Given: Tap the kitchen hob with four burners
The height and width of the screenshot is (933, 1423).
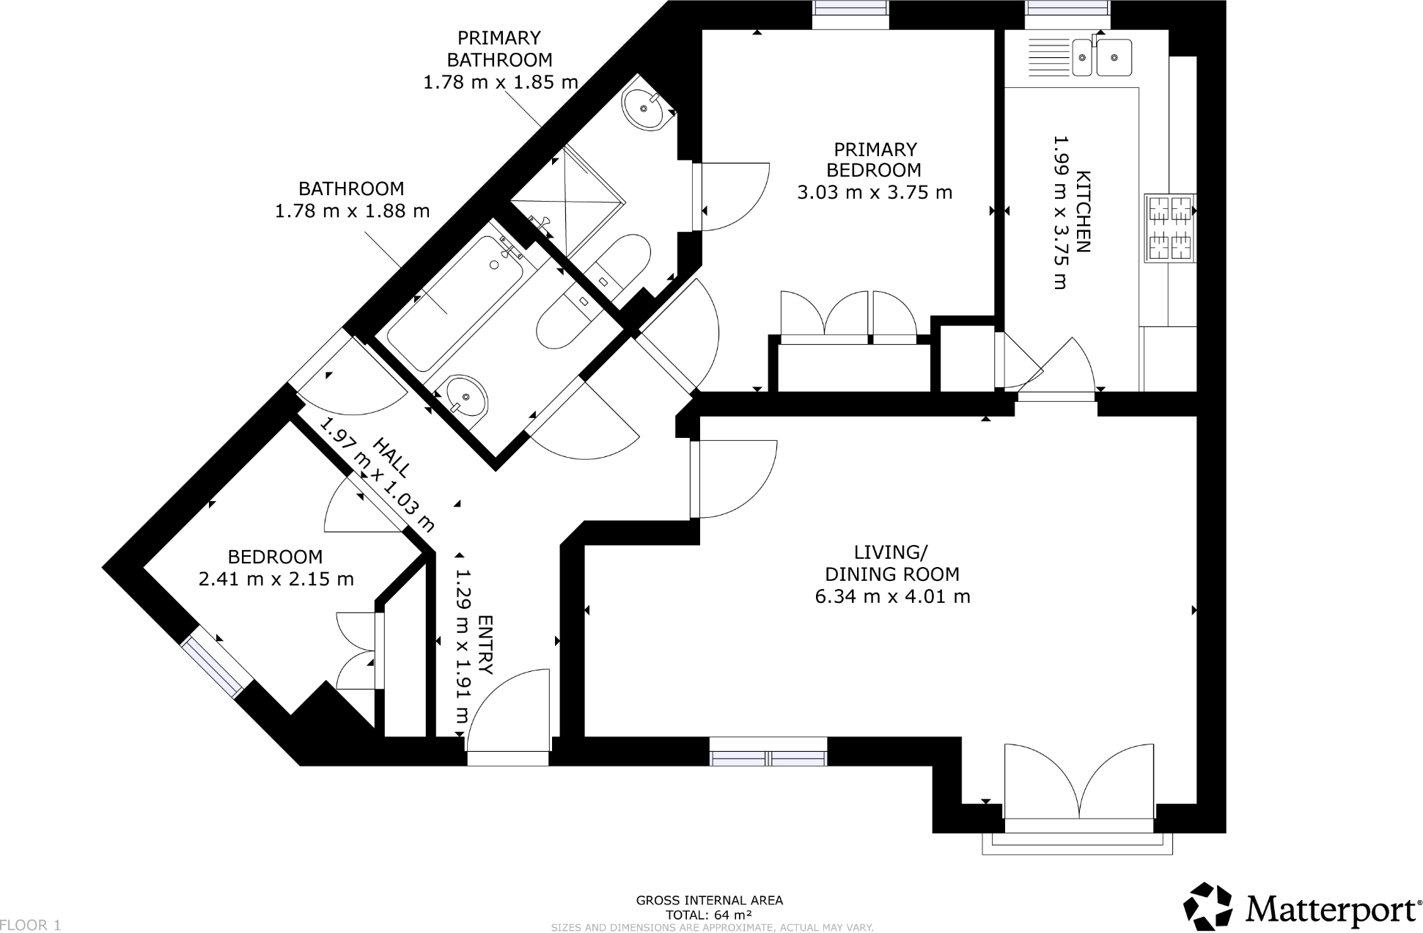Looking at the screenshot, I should pos(1170,228).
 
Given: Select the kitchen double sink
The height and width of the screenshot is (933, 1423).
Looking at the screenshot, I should pos(1102,57).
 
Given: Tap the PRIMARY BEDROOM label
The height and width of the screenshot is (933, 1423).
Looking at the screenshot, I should pos(874,160).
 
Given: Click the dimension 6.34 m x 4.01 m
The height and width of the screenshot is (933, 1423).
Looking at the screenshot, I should pos(892,596).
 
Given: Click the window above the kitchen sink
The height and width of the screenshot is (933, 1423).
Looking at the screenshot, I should pos(1067,9).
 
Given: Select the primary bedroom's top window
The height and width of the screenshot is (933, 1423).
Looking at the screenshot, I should pos(850,9).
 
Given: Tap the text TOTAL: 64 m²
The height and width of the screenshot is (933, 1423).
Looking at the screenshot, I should pos(709,915).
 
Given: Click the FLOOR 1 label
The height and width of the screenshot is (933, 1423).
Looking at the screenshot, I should pos(31,925).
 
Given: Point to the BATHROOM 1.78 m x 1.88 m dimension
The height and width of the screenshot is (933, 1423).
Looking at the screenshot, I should pos(352,211).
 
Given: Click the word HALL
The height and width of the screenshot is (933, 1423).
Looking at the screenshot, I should pos(392,456).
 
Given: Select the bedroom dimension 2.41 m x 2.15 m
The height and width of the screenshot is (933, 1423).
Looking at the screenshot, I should pos(276,579).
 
